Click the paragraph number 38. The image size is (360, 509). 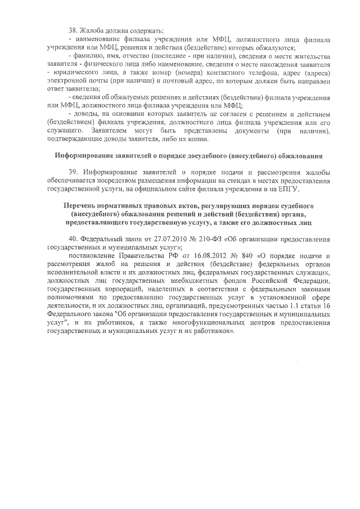coord(72,29)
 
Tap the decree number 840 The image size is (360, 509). coord(243,256)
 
